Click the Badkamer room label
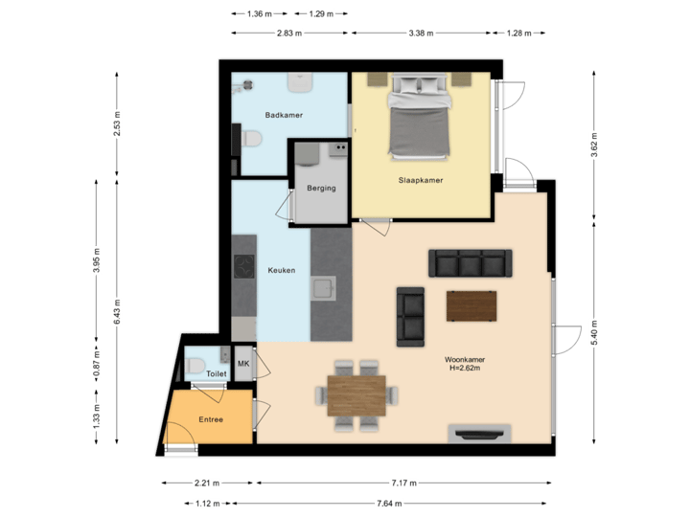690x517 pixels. (284, 115)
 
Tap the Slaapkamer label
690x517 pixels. (421, 180)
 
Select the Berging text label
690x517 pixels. (321, 188)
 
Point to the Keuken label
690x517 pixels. (281, 270)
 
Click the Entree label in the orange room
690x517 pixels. (211, 419)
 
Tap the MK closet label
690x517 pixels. (242, 364)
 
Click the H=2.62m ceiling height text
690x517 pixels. (462, 369)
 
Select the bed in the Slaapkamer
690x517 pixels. (418, 120)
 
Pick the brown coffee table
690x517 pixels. (471, 306)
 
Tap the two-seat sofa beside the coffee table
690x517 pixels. (411, 315)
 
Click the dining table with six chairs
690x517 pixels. (356, 395)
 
